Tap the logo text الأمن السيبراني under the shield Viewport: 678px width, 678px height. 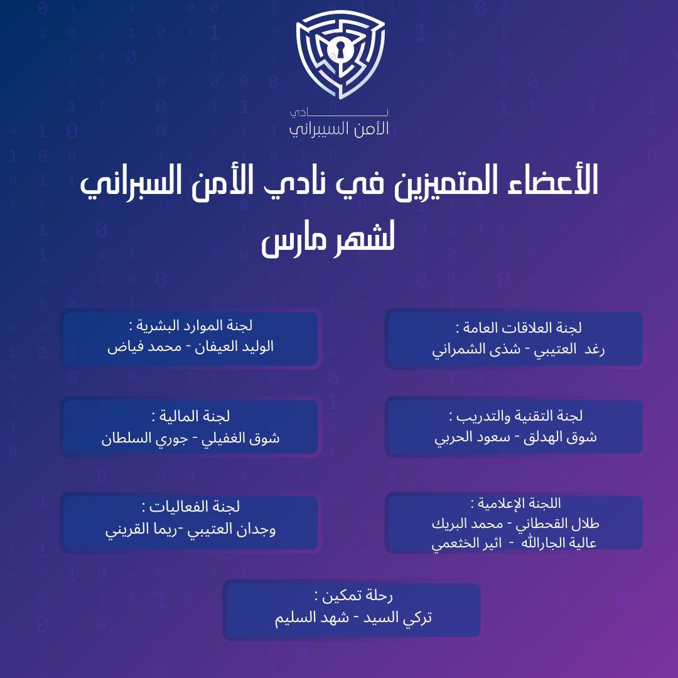(x=339, y=128)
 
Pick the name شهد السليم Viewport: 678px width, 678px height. (x=308, y=618)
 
